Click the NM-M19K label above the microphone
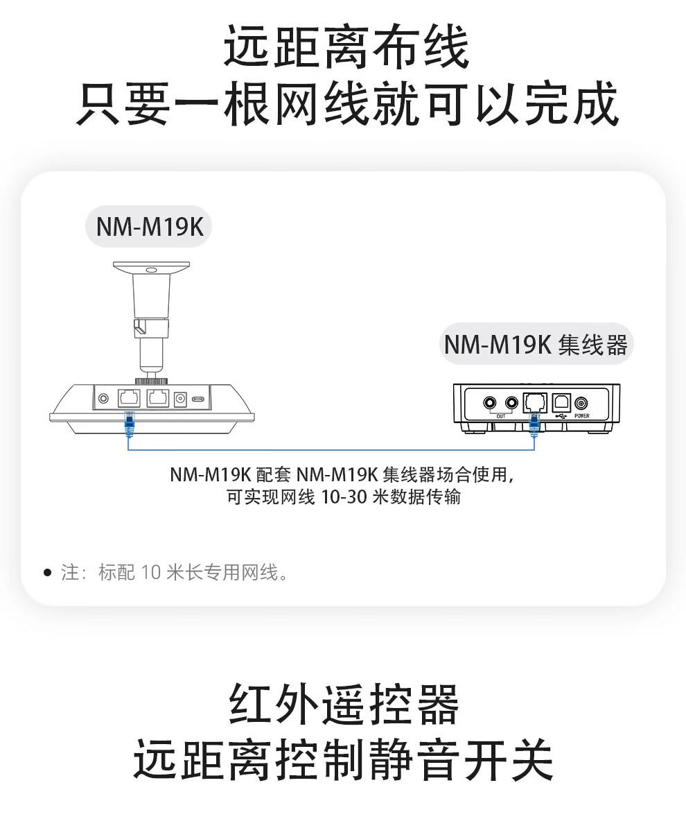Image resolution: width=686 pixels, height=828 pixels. (150, 227)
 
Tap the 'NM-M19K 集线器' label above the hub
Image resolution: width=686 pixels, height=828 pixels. (536, 344)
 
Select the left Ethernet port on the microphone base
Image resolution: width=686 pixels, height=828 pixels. (129, 397)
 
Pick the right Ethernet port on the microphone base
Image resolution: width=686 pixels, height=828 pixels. (158, 397)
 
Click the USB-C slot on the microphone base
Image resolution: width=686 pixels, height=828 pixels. (199, 399)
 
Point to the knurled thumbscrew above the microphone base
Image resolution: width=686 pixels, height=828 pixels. (151, 381)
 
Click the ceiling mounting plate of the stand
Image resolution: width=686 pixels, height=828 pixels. (152, 268)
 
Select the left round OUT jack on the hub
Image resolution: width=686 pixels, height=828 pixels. (490, 404)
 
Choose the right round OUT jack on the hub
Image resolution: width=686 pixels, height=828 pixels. (511, 404)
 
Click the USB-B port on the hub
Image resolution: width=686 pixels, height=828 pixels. (561, 403)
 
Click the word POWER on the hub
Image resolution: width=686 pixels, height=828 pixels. (582, 416)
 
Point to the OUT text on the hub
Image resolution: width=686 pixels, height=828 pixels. (501, 417)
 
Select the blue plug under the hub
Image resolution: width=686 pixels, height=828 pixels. (534, 425)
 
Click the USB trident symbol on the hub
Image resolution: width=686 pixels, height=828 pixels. (561, 416)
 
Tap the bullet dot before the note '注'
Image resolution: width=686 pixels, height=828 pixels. (48, 572)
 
